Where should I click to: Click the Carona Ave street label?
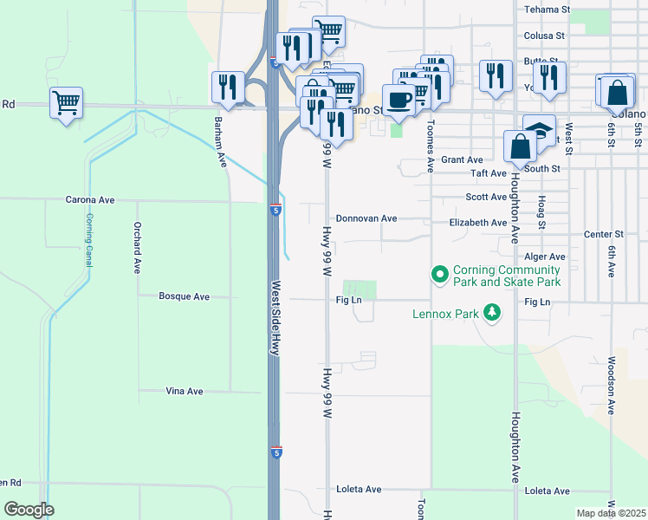(x=90, y=200)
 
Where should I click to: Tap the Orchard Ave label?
(x=137, y=249)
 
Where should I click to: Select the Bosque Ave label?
(x=184, y=296)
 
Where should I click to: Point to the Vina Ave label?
(x=184, y=392)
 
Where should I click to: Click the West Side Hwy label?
(x=276, y=317)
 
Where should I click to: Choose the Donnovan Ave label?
(x=366, y=219)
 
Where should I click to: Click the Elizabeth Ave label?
(x=477, y=223)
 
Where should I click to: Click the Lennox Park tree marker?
(x=492, y=312)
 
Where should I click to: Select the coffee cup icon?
(x=398, y=100)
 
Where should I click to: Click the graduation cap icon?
(x=539, y=130)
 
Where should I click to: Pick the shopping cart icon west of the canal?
(x=66, y=103)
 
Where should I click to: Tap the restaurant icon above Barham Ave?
(x=227, y=86)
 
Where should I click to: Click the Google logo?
(x=29, y=510)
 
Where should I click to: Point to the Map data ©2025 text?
(x=611, y=513)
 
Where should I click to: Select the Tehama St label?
(x=547, y=10)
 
